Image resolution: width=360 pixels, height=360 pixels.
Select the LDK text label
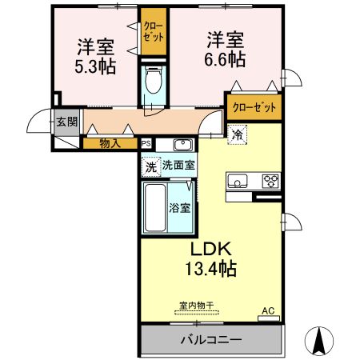[211, 250]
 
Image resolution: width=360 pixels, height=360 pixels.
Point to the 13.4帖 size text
[211, 270]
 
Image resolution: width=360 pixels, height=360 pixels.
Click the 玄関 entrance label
[66, 122]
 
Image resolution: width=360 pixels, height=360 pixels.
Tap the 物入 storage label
[110, 144]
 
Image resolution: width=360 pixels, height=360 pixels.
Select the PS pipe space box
[146, 144]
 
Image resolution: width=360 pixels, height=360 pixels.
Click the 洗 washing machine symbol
[150, 166]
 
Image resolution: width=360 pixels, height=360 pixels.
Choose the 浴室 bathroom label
[179, 208]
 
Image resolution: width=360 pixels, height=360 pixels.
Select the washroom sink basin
[182, 145]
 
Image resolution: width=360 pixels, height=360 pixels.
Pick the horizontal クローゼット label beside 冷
[254, 106]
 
